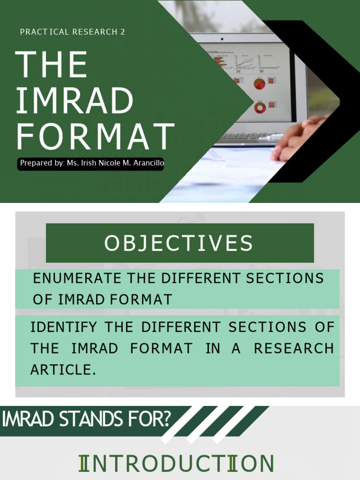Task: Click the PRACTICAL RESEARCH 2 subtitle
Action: pos(73,32)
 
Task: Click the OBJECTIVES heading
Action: pos(179,243)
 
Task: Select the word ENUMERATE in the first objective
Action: pos(71,278)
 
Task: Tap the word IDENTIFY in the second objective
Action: pos(64,327)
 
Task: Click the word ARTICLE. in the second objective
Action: pos(63,370)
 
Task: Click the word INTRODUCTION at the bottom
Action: pos(176,464)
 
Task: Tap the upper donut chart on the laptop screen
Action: pos(259,84)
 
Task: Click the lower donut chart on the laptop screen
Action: pos(260,108)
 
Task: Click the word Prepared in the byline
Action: pos(34,163)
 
